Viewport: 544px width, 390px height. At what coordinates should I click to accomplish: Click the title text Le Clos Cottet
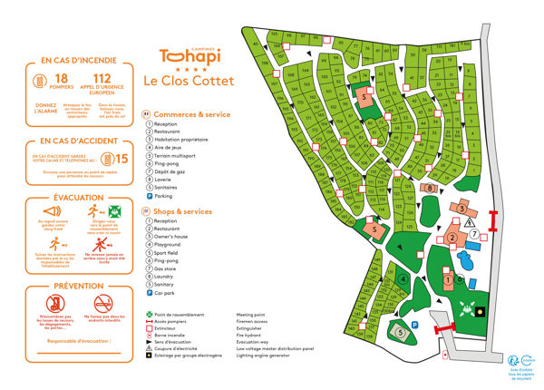(188, 80)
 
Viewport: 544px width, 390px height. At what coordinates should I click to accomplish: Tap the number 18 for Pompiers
(63, 81)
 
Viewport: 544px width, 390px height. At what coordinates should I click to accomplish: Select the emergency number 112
(102, 81)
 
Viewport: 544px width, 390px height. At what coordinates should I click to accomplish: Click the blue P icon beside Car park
(148, 293)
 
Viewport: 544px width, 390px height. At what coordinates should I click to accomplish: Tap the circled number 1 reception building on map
(447, 280)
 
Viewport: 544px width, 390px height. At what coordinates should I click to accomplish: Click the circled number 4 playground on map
(402, 279)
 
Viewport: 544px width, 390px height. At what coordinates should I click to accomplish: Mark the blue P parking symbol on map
(414, 324)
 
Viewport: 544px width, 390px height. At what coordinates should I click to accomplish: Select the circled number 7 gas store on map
(474, 234)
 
